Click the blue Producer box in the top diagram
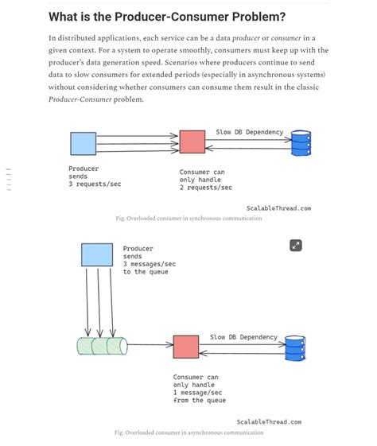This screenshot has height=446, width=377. click(83, 143)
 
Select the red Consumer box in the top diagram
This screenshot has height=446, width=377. click(192, 142)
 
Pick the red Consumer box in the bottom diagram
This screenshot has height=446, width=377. click(186, 347)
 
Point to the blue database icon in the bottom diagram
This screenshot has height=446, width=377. click(294, 347)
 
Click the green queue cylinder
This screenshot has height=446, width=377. click(102, 345)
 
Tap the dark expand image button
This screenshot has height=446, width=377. click(295, 245)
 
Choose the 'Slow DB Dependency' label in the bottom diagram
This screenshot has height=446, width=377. click(244, 337)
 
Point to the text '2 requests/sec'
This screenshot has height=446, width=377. click(205, 188)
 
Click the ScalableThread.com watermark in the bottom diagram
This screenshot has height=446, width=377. click(269, 422)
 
